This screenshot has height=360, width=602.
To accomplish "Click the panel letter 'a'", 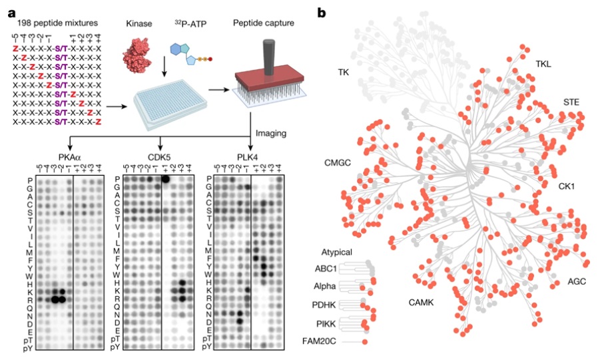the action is click(12, 13).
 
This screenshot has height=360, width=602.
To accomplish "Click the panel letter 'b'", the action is click(322, 13).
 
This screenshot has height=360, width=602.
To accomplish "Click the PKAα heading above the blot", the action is click(69, 157).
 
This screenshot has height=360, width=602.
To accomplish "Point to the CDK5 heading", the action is click(159, 157).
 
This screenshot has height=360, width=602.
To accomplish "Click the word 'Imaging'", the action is click(271, 133).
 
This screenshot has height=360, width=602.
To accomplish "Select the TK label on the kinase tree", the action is click(343, 72).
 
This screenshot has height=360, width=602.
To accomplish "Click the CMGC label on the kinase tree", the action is click(338, 163).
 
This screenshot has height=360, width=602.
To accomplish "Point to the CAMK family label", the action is click(421, 302).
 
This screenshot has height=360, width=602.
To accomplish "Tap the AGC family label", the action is click(577, 281).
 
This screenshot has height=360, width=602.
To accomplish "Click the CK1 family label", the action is click(567, 186).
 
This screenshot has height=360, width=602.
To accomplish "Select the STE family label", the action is click(571, 102).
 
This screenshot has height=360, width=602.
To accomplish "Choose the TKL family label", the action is click(543, 64).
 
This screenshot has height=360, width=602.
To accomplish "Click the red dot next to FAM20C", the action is click(365, 341).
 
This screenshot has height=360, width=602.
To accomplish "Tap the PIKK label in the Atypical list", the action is click(326, 324).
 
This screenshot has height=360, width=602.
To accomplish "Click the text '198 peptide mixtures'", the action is click(57, 23).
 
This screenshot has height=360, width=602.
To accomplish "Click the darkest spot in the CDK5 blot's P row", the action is click(166, 179).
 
